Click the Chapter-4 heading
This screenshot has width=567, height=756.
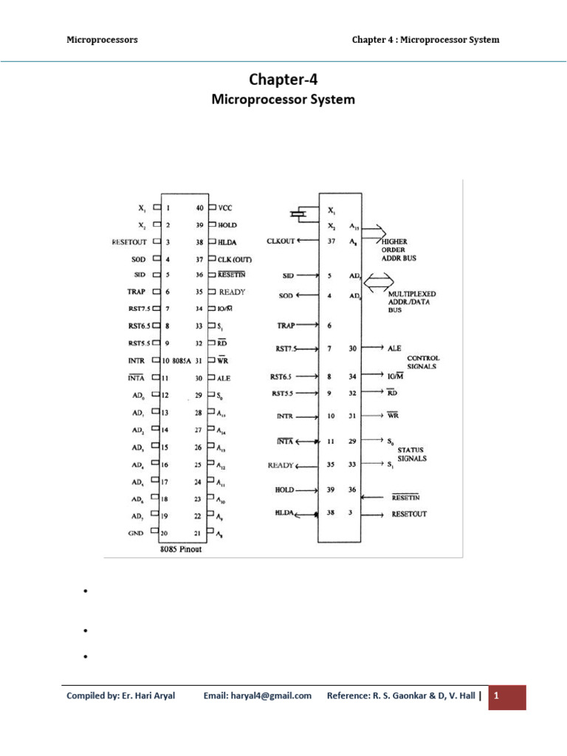pos(283,79)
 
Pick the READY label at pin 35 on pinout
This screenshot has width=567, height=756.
pos(232,292)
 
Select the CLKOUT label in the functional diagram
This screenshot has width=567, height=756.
pos(281,241)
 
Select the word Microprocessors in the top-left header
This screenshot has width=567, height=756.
pos(102,39)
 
